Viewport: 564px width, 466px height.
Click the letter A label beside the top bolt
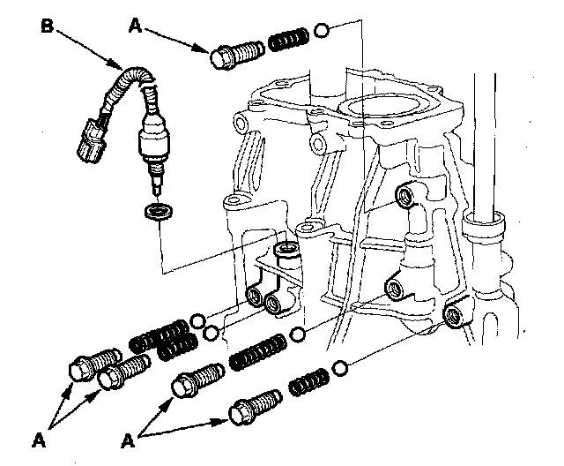[136, 27]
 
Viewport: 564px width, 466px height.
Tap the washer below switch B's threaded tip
[158, 213]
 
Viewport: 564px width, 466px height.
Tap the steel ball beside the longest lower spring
[299, 334]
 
